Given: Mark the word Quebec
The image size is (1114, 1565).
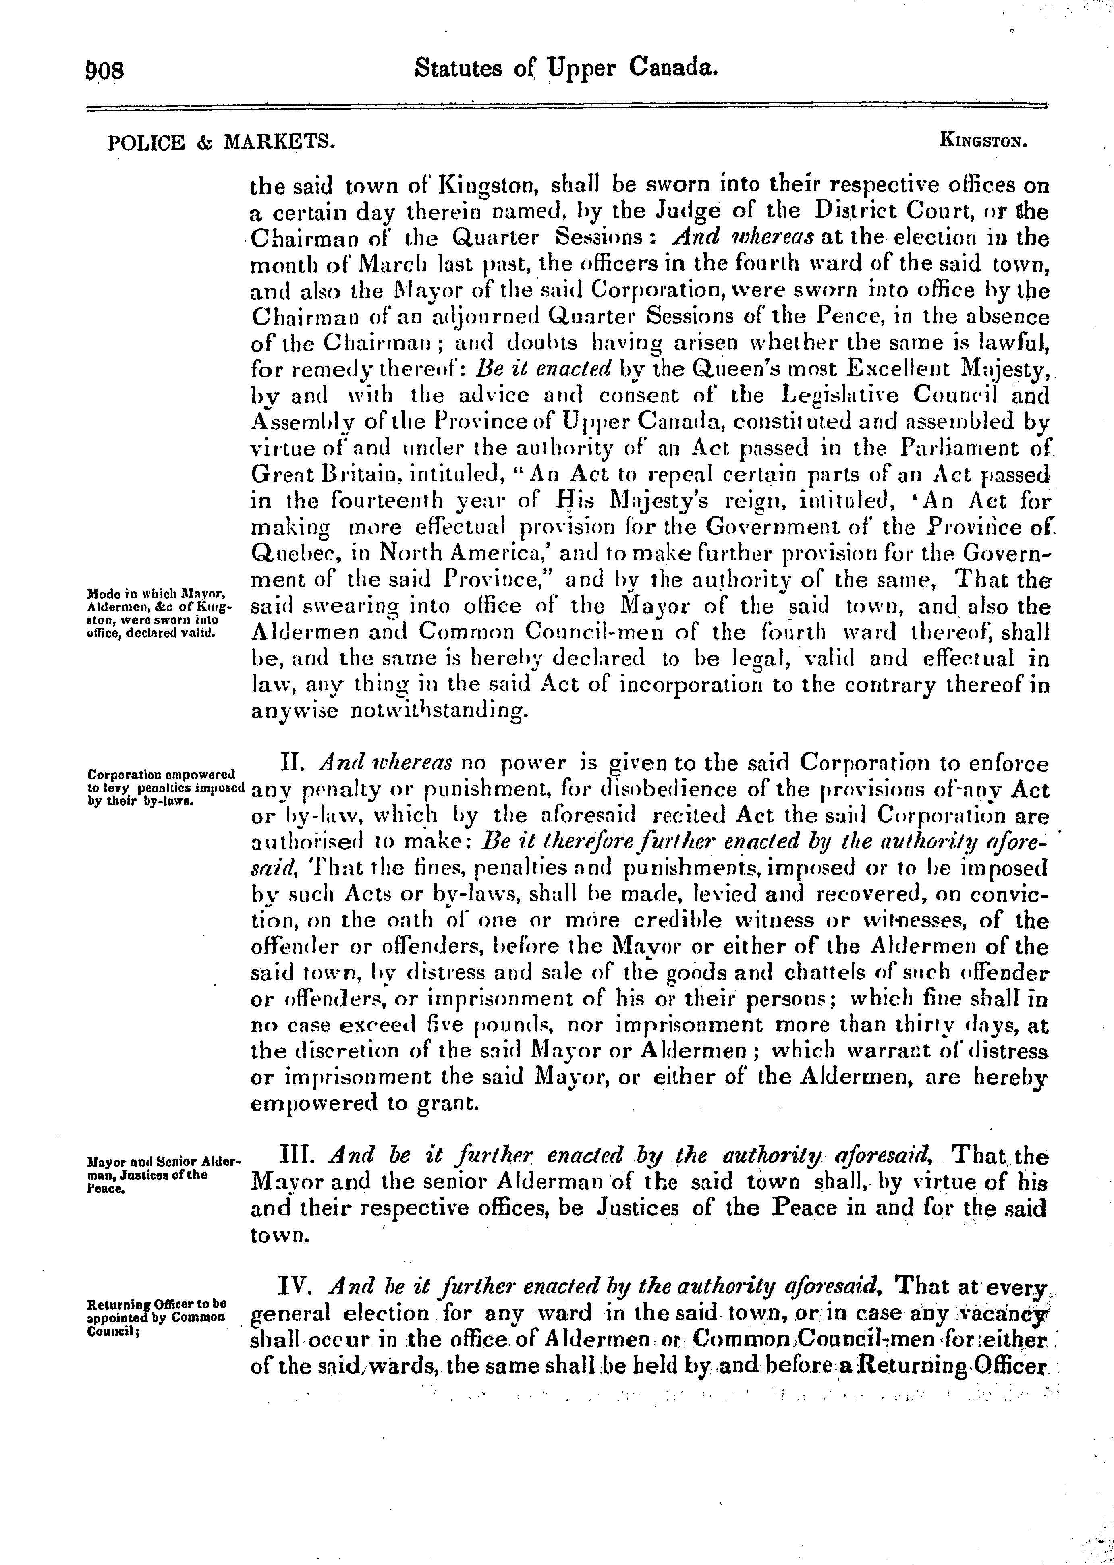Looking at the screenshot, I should click(x=294, y=554).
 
